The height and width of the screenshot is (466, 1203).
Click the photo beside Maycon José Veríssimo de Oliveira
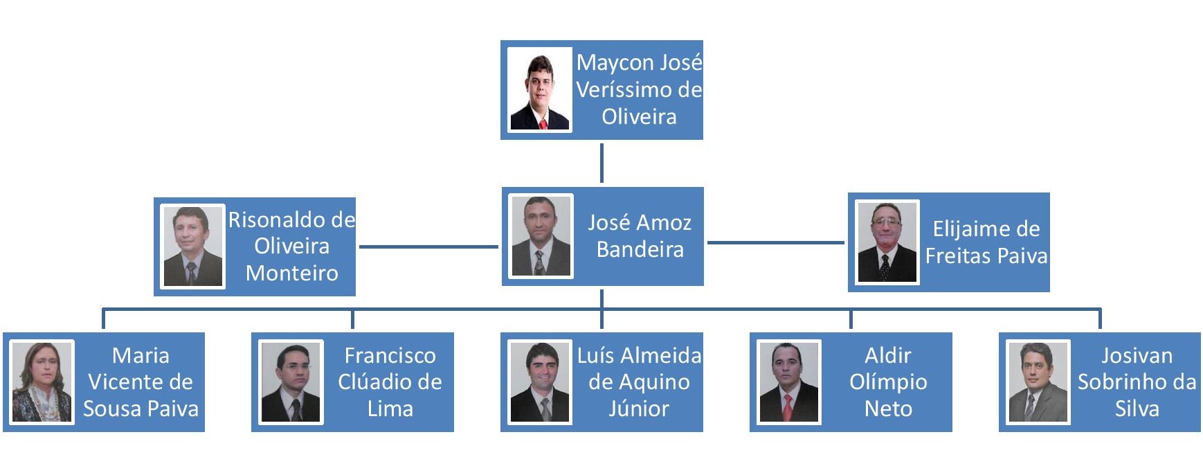click(539, 89)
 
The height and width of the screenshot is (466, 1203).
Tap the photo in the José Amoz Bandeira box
click(541, 236)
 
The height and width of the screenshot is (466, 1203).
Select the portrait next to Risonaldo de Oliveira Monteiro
click(192, 246)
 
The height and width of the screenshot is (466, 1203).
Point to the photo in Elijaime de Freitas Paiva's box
click(887, 242)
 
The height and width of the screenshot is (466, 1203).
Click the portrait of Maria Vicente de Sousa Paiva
click(42, 382)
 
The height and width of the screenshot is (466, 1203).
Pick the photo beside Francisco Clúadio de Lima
click(291, 382)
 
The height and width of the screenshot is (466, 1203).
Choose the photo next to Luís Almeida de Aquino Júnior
click(539, 382)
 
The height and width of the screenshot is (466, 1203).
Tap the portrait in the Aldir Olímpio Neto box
click(788, 382)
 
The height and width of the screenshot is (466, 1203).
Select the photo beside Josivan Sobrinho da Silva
click(1038, 382)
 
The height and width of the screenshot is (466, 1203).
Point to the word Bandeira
click(640, 249)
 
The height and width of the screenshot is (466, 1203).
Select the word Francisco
click(390, 356)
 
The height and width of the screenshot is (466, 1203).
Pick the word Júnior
click(638, 409)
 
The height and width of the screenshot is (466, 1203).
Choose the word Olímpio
click(888, 382)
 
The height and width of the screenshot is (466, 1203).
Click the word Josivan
click(1137, 356)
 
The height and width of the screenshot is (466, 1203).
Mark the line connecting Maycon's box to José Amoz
click(601, 163)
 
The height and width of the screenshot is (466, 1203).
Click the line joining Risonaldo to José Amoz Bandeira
click(428, 246)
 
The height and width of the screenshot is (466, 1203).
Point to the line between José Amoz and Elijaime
click(775, 242)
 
